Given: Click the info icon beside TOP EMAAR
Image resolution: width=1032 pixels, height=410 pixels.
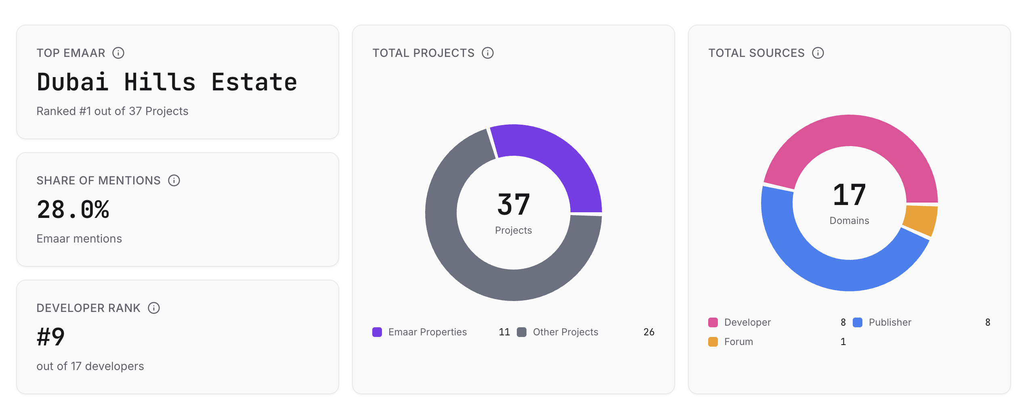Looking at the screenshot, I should click(x=118, y=53).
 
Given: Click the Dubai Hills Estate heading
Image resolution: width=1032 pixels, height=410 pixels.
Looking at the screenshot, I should click(x=167, y=82).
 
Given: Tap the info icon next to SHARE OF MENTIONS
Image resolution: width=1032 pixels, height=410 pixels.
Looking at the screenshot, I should click(x=174, y=180).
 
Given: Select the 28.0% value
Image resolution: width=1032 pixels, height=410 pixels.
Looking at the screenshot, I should click(x=73, y=209).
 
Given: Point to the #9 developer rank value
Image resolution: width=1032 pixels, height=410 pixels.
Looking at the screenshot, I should click(x=51, y=337).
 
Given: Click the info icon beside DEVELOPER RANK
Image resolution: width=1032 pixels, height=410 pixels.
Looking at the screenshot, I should click(x=154, y=308).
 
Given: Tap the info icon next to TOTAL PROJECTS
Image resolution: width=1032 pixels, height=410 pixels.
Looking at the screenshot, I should click(x=488, y=53).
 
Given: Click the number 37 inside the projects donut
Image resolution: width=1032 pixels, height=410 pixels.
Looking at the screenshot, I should click(x=514, y=205).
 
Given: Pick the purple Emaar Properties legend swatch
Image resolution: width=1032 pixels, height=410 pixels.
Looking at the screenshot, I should click(x=377, y=332).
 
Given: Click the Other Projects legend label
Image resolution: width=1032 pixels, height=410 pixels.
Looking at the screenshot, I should click(x=565, y=332).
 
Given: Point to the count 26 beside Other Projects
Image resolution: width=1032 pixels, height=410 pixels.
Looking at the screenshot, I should click(x=649, y=332).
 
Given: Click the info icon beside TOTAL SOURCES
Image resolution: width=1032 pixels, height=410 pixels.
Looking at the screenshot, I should click(x=818, y=53).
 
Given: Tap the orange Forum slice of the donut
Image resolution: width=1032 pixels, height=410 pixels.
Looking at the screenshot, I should click(x=921, y=220).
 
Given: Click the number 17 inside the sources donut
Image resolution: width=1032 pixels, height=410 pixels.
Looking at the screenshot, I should click(x=850, y=195).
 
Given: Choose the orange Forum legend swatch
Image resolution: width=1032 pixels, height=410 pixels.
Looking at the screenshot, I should click(x=713, y=342).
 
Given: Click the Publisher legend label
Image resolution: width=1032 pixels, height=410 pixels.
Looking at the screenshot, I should click(x=890, y=322).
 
